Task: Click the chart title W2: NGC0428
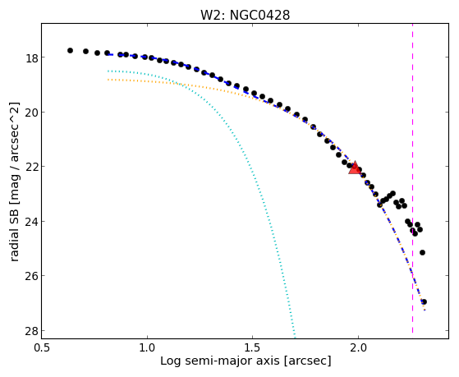click(x=245, y=15)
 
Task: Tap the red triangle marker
click(x=355, y=168)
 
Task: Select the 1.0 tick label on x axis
click(x=147, y=348)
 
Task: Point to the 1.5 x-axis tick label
click(x=252, y=348)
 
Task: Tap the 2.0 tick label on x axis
click(x=358, y=348)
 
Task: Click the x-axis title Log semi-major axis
click(x=220, y=361)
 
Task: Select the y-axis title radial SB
click(x=15, y=235)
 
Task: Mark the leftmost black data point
click(x=70, y=50)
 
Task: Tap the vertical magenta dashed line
click(x=412, y=178)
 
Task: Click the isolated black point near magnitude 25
click(x=422, y=252)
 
